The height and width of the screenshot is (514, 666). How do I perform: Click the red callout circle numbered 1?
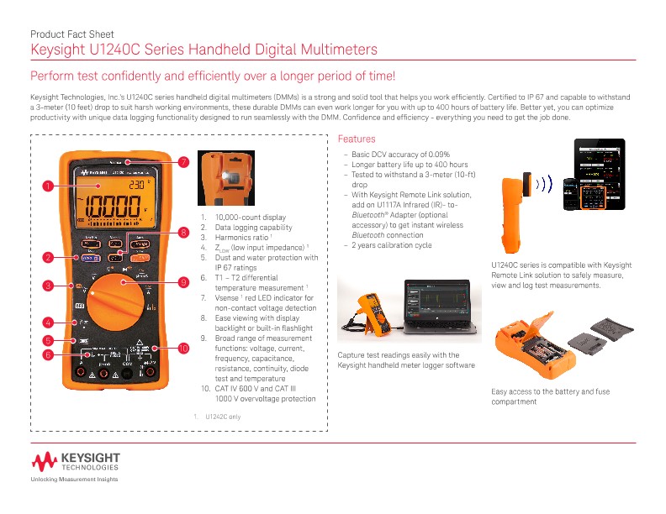50,185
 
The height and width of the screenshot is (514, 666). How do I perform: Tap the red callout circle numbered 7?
182,161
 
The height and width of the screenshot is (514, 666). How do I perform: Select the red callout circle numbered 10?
183,348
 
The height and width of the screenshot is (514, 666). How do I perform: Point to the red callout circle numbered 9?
182,282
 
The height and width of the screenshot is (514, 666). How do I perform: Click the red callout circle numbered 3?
50,286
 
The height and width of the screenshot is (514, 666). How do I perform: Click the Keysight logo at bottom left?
77,462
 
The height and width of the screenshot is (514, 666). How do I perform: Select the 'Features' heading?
356,139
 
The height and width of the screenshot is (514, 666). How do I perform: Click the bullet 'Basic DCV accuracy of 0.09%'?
400,155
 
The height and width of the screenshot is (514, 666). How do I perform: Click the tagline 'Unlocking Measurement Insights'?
74,479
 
